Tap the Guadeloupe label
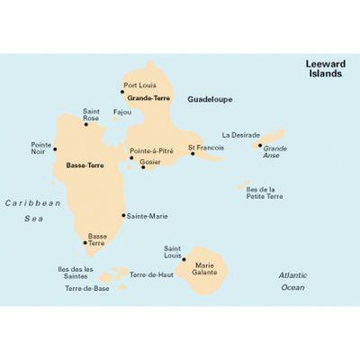coord(208,102)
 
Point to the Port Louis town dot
coord(122,91)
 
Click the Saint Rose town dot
coord(87,124)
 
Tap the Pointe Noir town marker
coord(55,149)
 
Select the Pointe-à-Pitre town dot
coord(131,157)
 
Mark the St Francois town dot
coord(193,153)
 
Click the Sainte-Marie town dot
coord(123,215)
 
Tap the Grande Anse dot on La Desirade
coord(260,145)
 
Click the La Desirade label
coord(241,135)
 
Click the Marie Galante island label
coord(206,269)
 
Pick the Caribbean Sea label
coord(32,210)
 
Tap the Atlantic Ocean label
coord(292,281)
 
